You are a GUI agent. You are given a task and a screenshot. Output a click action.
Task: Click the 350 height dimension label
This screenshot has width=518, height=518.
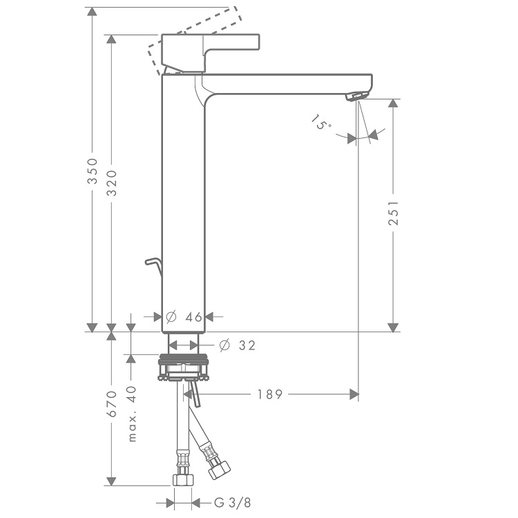coord(93,171)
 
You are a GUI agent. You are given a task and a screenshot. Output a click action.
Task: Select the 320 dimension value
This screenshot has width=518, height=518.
coord(112,183)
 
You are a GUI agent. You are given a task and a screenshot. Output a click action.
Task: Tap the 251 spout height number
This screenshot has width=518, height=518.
coord(393,213)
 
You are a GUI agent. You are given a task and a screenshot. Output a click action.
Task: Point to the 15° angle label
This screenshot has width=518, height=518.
coord(320,122)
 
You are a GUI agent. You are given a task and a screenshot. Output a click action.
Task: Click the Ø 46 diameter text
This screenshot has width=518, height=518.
coord(184,317)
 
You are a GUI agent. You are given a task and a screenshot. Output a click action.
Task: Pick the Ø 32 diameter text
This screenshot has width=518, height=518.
coord(237,345)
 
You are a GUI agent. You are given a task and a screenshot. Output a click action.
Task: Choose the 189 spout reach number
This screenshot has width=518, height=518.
coord(270,394)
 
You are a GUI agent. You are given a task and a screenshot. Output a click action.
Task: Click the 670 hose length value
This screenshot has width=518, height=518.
coord(112,404)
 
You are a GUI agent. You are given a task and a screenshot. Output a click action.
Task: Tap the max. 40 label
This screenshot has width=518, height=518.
coord(132,414)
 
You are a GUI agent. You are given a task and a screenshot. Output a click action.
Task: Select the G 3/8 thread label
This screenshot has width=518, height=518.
coord(233,503)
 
